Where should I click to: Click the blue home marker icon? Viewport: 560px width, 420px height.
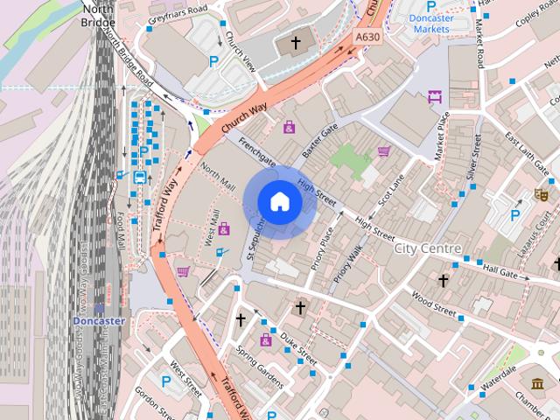pyautogui.click(x=279, y=201)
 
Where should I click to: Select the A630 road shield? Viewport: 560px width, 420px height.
pyautogui.click(x=368, y=38)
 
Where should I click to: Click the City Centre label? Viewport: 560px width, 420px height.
pyautogui.click(x=428, y=248)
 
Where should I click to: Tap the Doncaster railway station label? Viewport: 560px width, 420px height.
pyautogui.click(x=99, y=320)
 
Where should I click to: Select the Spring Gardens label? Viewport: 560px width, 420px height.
pyautogui.click(x=260, y=366)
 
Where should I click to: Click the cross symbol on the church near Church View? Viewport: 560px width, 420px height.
pyautogui.click(x=296, y=41)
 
